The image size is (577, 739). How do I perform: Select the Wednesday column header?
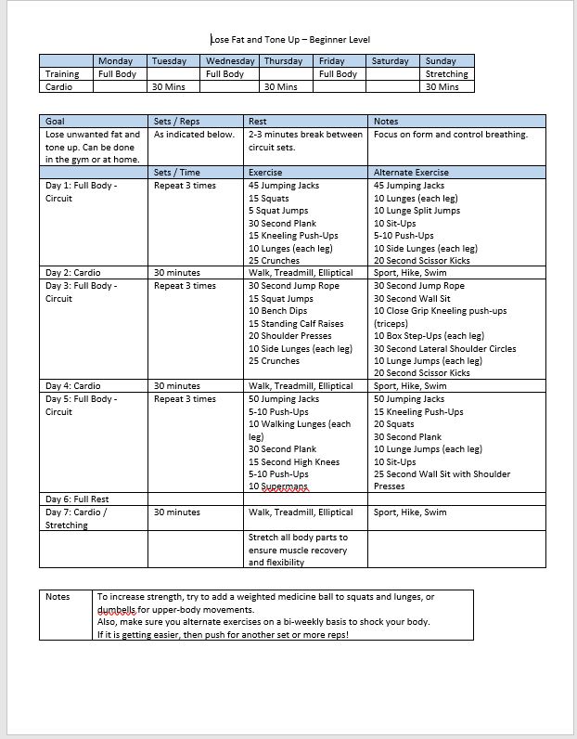tap(229, 61)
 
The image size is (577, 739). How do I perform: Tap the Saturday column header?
tap(390, 61)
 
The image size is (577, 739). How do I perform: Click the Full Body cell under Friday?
tap(338, 74)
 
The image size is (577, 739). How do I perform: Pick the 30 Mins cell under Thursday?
tap(281, 87)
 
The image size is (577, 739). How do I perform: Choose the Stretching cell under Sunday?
tap(446, 74)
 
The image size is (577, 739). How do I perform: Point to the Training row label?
tap(63, 74)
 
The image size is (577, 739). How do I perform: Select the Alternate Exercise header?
tap(410, 172)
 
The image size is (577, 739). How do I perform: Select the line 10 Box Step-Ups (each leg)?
tap(429, 336)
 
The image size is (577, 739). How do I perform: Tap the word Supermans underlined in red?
tap(284, 486)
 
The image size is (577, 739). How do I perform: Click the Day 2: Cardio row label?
tap(73, 273)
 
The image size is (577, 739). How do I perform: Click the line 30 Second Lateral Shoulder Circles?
tap(444, 349)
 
